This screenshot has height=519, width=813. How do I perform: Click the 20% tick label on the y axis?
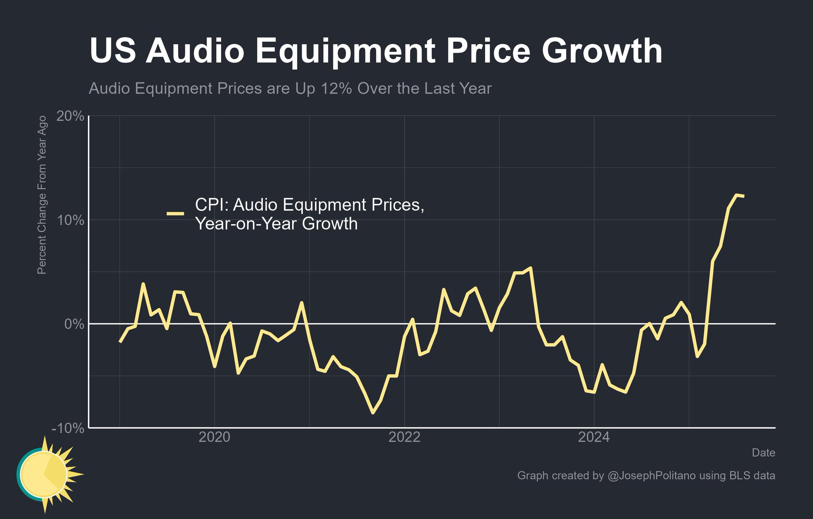pos(70,117)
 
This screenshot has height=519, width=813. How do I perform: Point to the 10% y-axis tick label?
pos(70,221)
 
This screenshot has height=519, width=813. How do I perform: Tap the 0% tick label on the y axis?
pos(75,325)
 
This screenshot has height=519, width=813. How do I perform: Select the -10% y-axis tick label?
pos(68,429)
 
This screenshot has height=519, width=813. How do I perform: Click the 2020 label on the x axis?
pos(214,437)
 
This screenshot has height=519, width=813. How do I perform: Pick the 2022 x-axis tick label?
pos(404,437)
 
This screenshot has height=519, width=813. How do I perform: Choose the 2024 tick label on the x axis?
pos(594,437)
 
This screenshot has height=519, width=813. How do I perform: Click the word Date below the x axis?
pos(763,453)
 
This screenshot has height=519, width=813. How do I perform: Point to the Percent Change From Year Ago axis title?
pos(42,195)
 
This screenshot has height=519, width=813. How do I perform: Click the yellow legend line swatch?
pos(175,214)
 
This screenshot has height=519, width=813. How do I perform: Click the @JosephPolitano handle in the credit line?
pos(651,475)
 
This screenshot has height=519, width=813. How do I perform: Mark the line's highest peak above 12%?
pos(736,195)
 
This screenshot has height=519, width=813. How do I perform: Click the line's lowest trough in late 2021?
pos(373,413)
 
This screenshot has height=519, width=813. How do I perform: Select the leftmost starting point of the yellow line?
pos(120,342)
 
